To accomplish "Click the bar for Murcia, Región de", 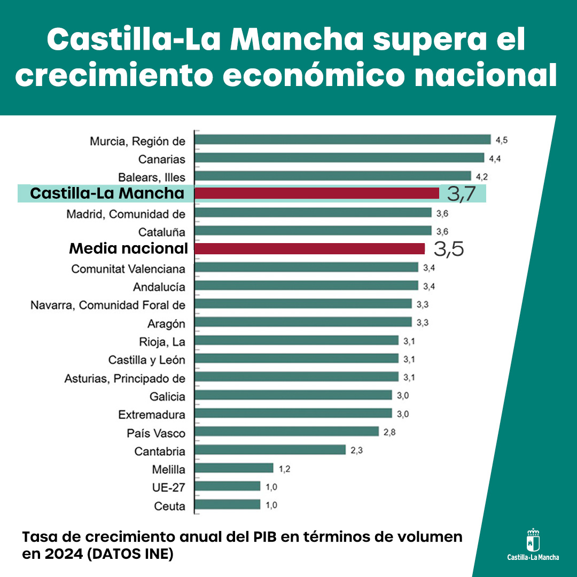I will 342,139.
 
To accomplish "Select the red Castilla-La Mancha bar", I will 316,193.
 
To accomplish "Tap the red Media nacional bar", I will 309,249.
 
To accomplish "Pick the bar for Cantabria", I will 270,450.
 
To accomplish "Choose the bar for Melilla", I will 233,468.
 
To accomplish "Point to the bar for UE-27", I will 227,486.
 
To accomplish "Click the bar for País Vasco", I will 286,432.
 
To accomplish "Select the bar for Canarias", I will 339,158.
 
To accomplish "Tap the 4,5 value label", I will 501,141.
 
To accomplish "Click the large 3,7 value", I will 461,194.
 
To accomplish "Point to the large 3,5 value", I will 448,249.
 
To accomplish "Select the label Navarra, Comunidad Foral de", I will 108,305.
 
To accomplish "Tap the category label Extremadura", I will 152,415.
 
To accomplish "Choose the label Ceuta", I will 169,506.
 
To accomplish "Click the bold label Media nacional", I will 129,248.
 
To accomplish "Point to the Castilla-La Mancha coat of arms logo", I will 533,541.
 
